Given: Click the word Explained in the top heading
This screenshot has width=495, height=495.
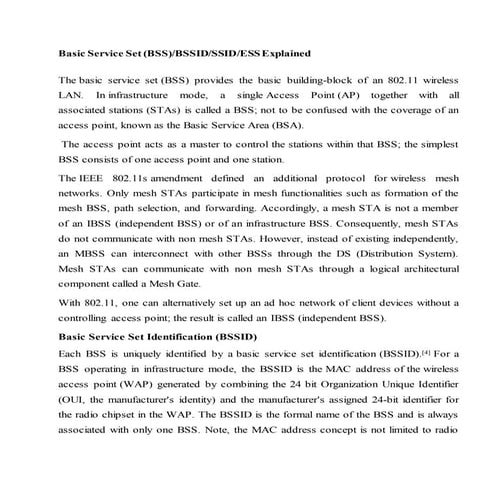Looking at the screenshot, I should point(279,51).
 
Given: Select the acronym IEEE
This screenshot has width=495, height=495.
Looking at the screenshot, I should point(87,176).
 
